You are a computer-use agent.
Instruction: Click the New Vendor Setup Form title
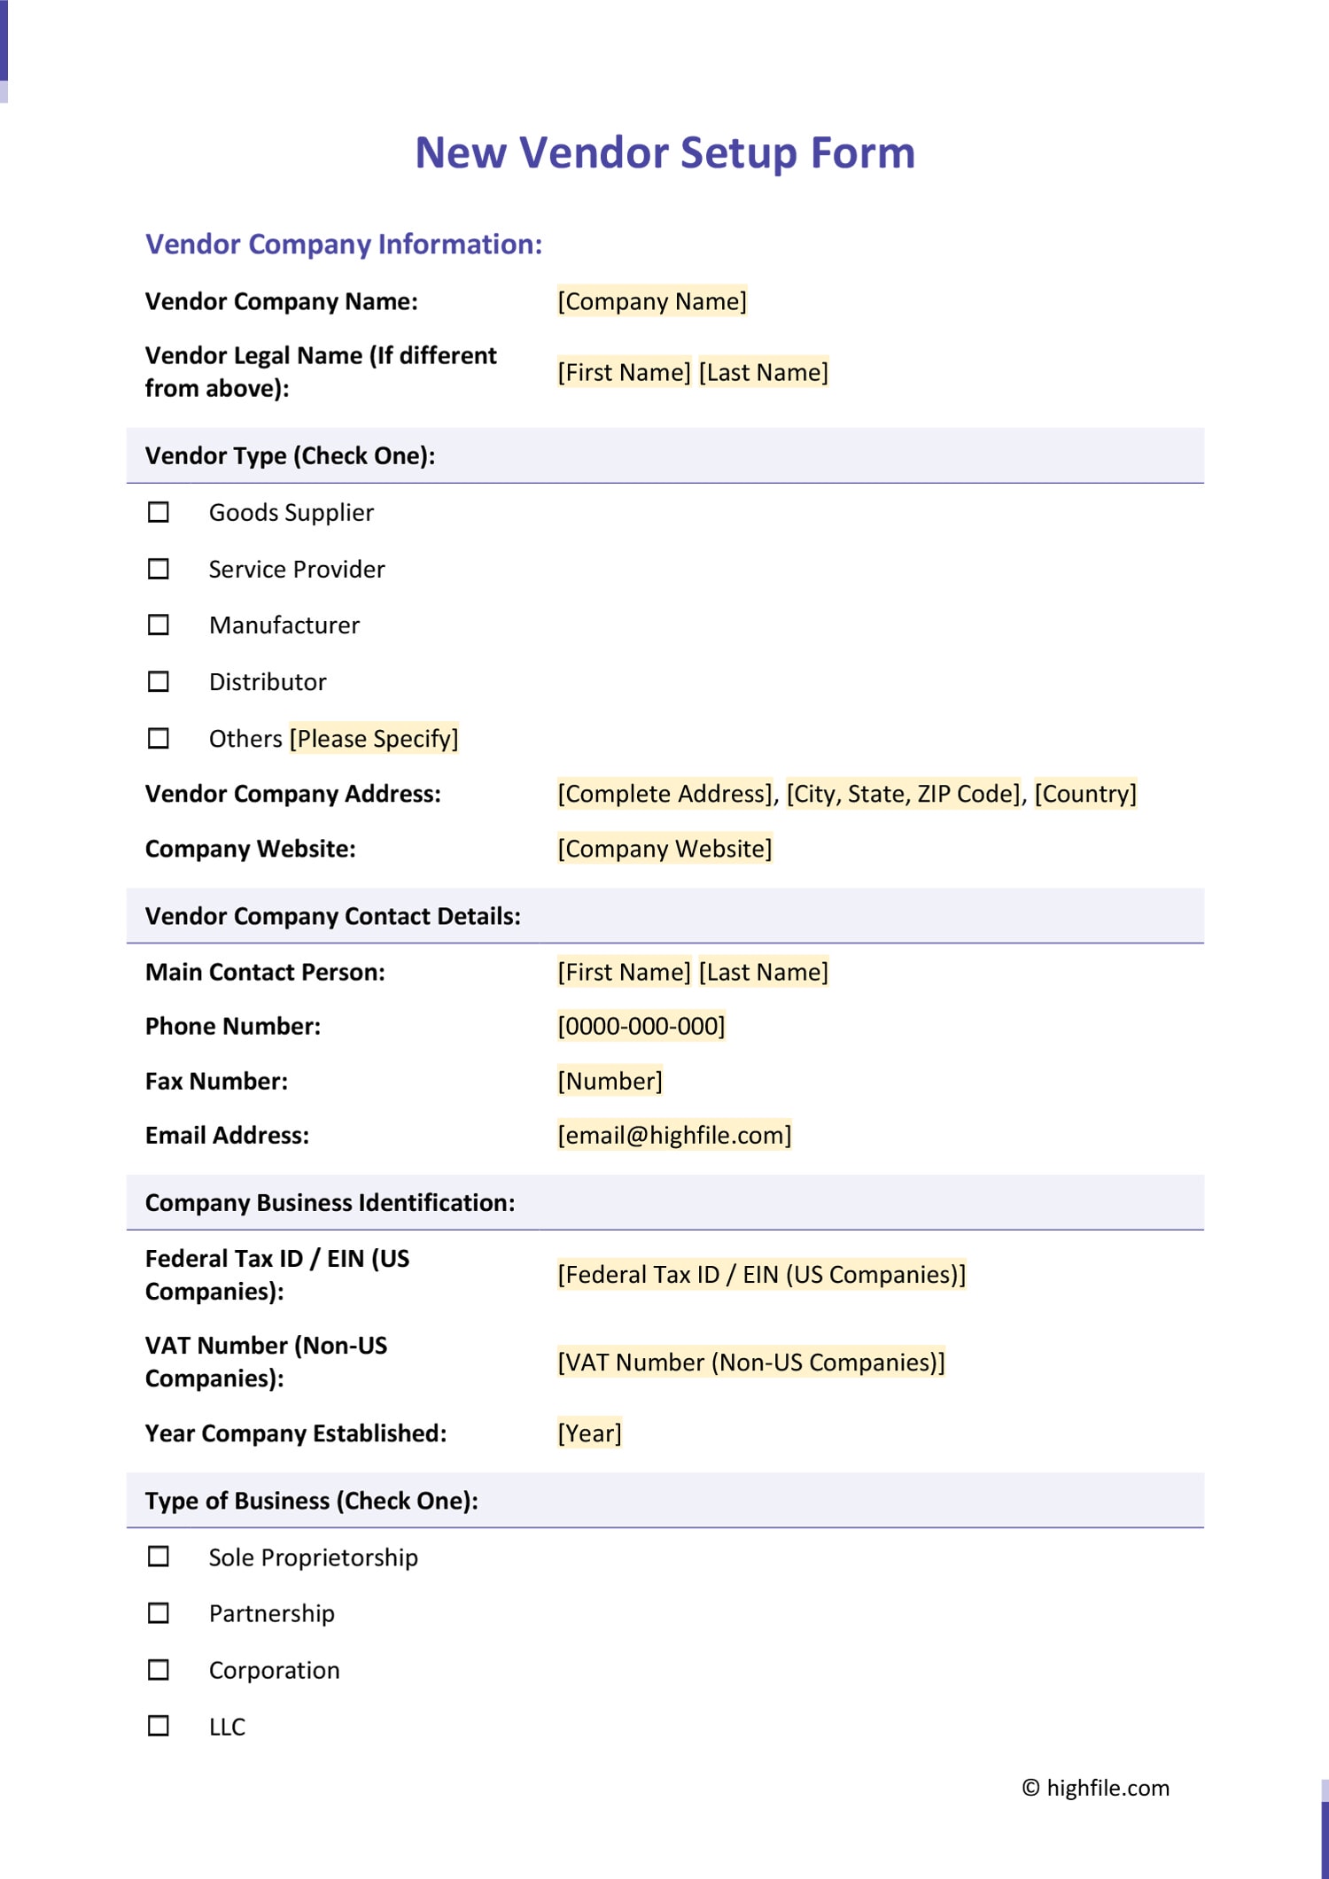(664, 152)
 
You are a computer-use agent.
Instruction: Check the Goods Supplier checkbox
(159, 512)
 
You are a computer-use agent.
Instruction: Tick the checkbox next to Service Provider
(159, 569)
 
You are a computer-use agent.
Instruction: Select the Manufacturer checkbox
(159, 625)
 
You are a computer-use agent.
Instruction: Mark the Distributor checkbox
(159, 681)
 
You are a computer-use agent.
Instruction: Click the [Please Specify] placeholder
(374, 738)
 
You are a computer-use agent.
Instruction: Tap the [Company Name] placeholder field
(651, 301)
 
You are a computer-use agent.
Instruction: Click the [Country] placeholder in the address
(1084, 794)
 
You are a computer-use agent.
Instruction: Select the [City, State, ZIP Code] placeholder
(903, 794)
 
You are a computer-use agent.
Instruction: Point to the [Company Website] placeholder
(664, 849)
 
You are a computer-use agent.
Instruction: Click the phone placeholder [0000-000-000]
(641, 1026)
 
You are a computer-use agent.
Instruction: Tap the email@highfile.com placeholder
(674, 1135)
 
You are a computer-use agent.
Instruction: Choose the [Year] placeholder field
(589, 1433)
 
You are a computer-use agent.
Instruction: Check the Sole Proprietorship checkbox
(159, 1557)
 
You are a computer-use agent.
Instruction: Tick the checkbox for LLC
(159, 1726)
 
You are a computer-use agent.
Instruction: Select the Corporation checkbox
(159, 1670)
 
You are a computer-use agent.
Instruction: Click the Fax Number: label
(216, 1081)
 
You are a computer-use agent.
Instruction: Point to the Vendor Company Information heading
(344, 245)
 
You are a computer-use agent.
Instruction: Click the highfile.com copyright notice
(1095, 1788)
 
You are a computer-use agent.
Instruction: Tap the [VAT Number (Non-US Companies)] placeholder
(750, 1362)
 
